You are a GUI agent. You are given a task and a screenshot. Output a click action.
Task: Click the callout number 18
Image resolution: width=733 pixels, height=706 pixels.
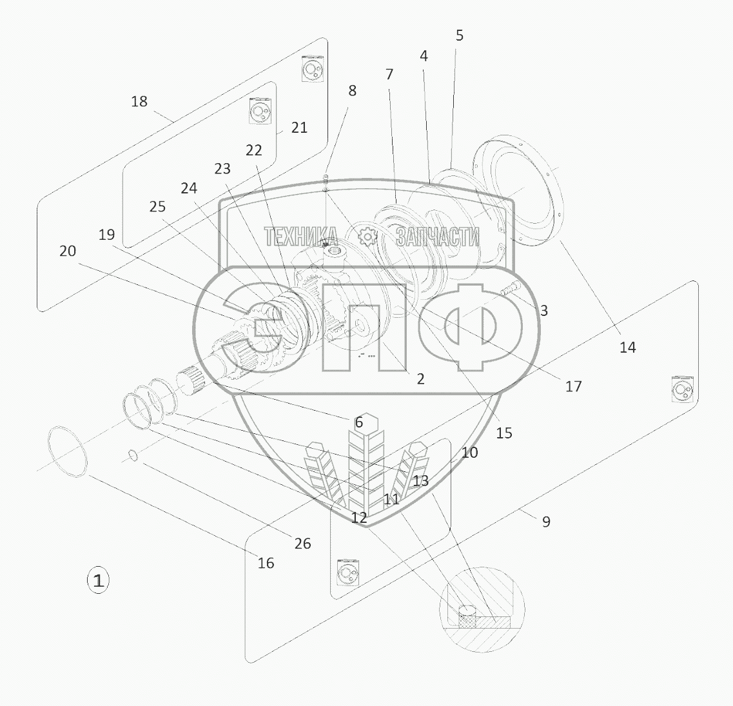[x=139, y=101]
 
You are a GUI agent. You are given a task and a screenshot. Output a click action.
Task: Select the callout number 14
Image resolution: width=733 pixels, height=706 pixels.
[x=627, y=348]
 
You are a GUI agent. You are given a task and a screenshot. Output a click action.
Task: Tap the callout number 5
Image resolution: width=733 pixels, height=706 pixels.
[x=459, y=35]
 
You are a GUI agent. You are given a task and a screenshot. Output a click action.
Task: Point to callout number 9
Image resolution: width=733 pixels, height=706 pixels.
[x=546, y=522]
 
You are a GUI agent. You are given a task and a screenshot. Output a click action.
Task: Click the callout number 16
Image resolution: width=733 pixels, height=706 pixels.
[x=266, y=563]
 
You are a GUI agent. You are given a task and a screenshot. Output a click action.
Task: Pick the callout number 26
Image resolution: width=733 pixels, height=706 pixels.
[x=302, y=544]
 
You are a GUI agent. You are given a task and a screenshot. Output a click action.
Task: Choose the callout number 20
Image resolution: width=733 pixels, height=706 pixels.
[x=68, y=251]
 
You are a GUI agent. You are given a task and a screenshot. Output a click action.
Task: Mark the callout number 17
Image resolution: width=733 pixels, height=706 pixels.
[x=574, y=386]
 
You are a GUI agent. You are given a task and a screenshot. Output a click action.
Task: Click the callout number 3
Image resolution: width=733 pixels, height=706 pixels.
[x=543, y=311]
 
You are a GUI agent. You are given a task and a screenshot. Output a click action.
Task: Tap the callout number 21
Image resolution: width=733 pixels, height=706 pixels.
[x=299, y=128]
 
